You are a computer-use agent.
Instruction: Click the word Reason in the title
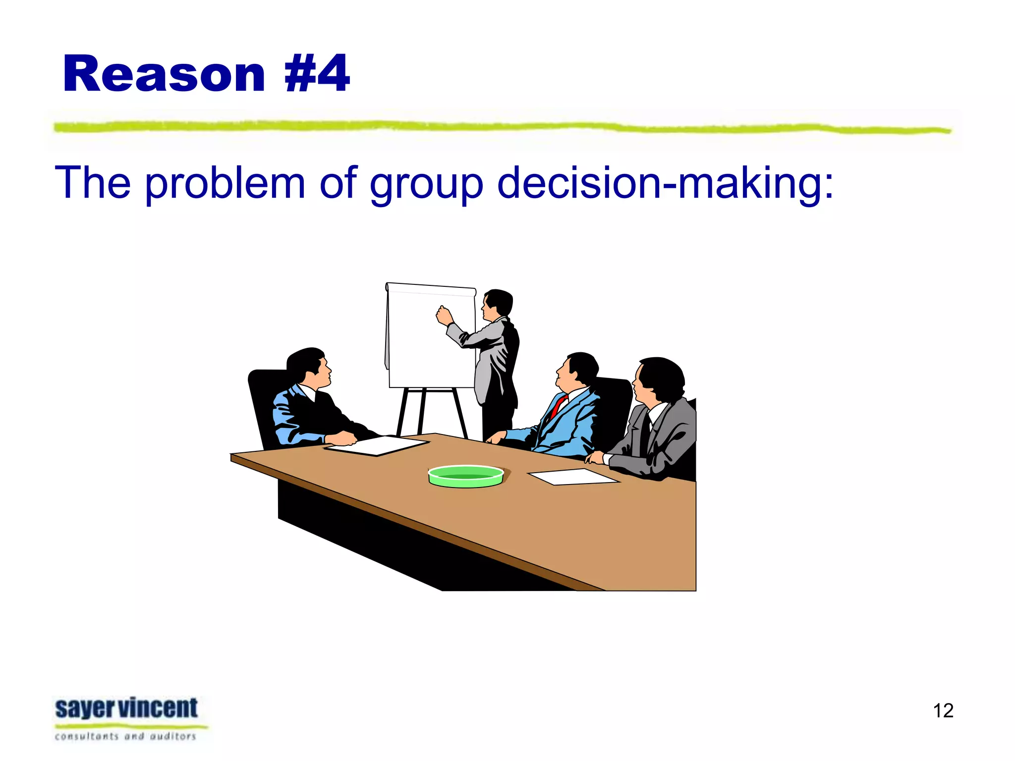pos(164,74)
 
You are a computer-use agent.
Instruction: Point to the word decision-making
pos(664,183)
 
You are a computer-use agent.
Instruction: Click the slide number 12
pos(943,710)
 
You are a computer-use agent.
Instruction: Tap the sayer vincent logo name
pos(126,708)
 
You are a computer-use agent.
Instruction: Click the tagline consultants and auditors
pos(125,736)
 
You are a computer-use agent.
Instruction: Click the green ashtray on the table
pos(465,476)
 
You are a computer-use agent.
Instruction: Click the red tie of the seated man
pos(559,405)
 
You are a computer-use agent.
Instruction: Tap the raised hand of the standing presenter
pos(444,315)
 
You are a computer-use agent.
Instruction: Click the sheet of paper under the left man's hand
pos(377,445)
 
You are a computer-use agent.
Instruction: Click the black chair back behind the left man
pos(263,401)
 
